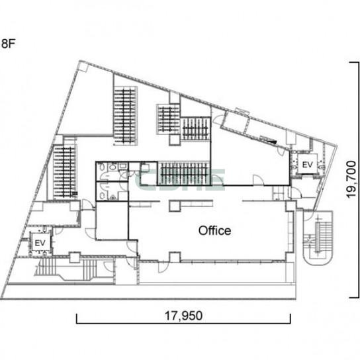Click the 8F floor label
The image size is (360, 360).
[x=8, y=44]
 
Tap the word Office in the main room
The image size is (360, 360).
[x=214, y=230]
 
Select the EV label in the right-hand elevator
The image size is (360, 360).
[x=308, y=165]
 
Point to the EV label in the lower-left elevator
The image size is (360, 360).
[x=40, y=243]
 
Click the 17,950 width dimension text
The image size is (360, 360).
[x=184, y=316]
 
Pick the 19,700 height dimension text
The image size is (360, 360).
[x=351, y=179]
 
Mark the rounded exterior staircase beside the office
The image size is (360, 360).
[x=318, y=238]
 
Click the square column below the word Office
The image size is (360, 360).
[x=175, y=257]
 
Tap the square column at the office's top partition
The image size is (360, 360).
[x=175, y=206]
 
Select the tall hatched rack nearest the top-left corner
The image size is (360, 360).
[x=125, y=116]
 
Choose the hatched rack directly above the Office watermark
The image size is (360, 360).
[x=184, y=173]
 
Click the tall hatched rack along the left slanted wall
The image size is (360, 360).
[x=64, y=172]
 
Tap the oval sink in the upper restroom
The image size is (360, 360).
[x=112, y=167]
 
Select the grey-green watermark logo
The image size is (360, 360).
[x=179, y=180]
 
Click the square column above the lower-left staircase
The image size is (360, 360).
[x=75, y=257]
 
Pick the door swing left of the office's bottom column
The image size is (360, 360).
[x=163, y=267]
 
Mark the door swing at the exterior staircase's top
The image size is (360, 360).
[x=308, y=216]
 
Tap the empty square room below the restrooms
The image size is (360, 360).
[x=112, y=220]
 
